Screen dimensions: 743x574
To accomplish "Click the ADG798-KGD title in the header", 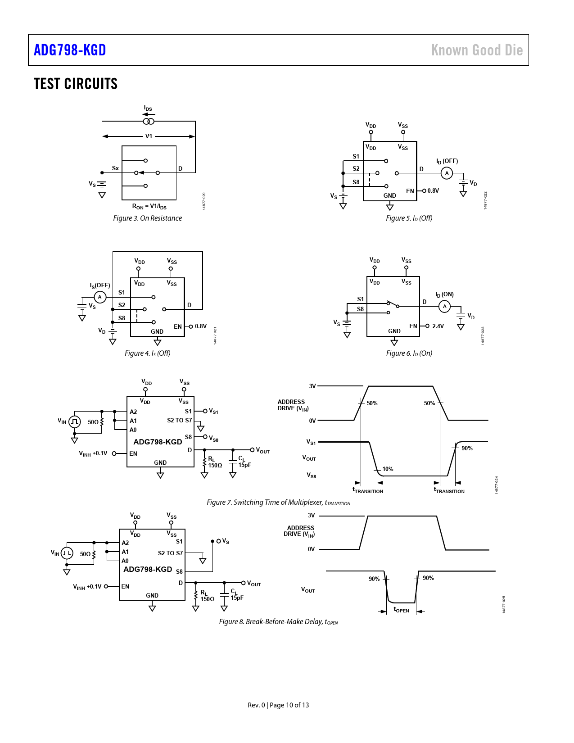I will click(x=70, y=50).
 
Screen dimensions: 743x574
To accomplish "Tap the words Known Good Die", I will click(x=477, y=50).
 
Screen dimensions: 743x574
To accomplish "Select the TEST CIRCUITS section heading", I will click(x=76, y=84).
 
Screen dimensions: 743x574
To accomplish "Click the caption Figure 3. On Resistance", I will click(x=147, y=218).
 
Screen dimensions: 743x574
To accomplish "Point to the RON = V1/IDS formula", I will click(x=149, y=207).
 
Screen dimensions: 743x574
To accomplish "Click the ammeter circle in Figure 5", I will click(x=447, y=173).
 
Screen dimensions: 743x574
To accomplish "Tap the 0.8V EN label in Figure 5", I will click(x=433, y=191).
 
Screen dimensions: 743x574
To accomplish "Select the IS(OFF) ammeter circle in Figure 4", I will click(x=100, y=297).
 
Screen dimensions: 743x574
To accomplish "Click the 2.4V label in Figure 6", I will click(x=438, y=326).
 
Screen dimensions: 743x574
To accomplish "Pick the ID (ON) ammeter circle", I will click(x=445, y=306).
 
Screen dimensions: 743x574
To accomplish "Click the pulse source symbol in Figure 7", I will click(x=75, y=421).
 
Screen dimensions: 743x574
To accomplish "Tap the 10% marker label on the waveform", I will click(x=388, y=469).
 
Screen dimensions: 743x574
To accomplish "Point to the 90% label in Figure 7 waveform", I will click(x=467, y=449).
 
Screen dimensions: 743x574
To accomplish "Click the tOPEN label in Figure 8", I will click(x=401, y=610).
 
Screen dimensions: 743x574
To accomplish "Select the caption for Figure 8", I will click(x=278, y=622).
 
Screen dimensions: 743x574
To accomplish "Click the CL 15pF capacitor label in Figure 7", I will click(x=244, y=462).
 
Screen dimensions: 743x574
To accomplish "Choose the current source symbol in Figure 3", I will click(x=149, y=122).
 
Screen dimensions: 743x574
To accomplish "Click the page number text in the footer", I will click(x=278, y=705).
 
